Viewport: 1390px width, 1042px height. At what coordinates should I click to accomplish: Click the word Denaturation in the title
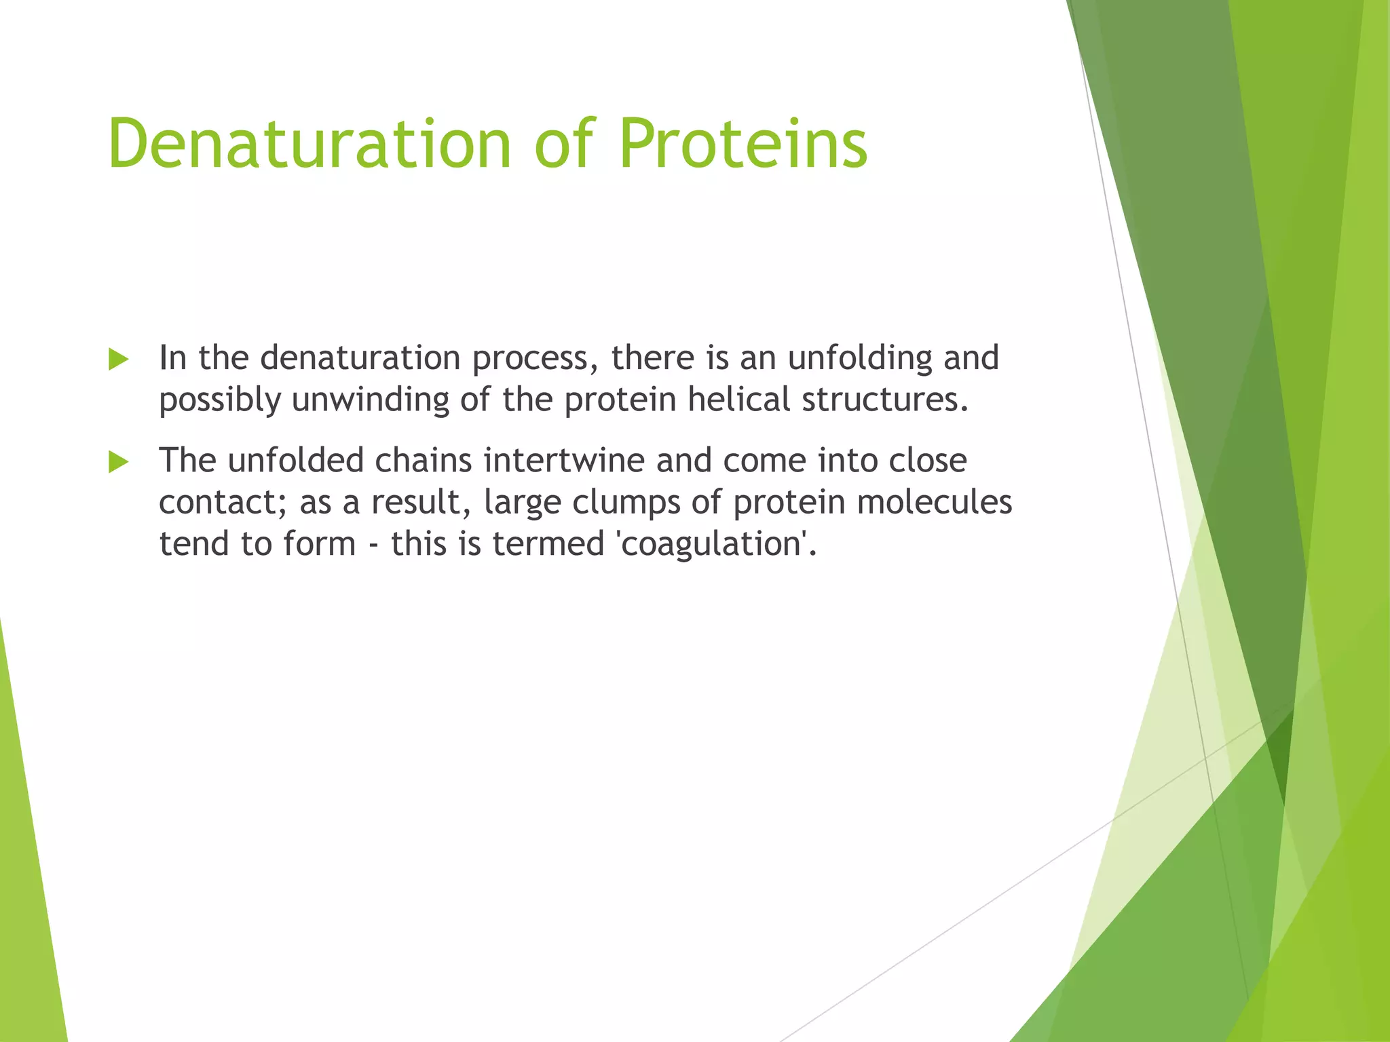[x=309, y=144]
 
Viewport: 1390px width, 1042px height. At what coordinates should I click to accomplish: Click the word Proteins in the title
[x=743, y=144]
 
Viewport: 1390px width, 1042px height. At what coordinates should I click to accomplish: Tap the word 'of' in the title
[x=565, y=144]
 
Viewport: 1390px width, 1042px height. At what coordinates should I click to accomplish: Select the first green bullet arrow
[x=118, y=360]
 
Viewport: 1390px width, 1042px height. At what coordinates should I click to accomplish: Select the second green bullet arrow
[x=118, y=463]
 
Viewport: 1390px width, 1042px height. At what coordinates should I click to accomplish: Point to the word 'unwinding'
[x=371, y=400]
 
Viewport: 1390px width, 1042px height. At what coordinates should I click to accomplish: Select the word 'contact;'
[x=223, y=503]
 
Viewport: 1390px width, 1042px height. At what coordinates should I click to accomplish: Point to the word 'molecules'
[x=935, y=503]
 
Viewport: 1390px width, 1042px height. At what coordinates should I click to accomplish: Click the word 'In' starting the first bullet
[x=172, y=358]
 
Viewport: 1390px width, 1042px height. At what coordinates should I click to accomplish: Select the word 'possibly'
[x=220, y=400]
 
